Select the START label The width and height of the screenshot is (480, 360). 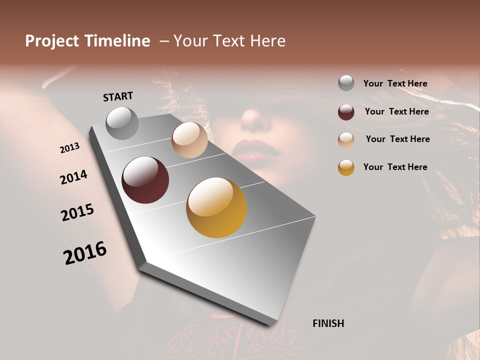pos(118,96)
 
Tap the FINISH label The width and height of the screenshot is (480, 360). pos(328,323)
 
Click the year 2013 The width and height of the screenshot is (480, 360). pos(69,148)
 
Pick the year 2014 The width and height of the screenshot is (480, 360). pos(73,177)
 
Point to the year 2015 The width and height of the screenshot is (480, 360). pos(77,212)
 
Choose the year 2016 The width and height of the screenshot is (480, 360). pos(85,253)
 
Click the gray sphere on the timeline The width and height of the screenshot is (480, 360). pos(122,123)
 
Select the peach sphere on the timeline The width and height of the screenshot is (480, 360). pos(189,140)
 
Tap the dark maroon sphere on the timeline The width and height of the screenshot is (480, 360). pos(145,180)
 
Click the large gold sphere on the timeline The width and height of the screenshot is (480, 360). pos(216,207)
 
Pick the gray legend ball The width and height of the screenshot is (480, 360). pos(346,83)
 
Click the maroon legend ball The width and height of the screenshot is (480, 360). pos(346,112)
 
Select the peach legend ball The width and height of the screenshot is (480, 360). pos(346,140)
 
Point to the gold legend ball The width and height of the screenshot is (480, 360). pos(346,167)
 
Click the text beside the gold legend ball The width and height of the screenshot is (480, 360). pos(395,167)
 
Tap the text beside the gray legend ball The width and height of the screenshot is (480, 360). pos(395,83)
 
